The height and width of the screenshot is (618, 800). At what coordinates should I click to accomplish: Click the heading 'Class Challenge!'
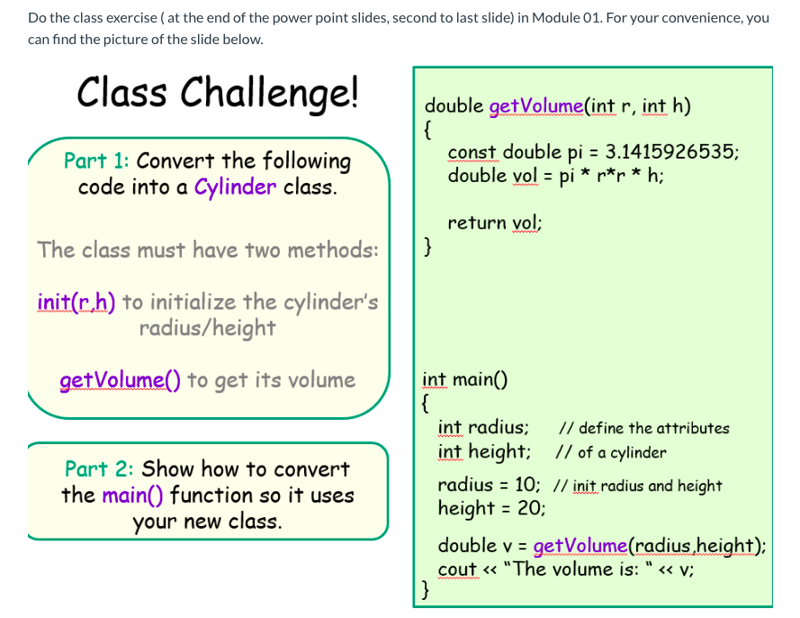pyautogui.click(x=218, y=92)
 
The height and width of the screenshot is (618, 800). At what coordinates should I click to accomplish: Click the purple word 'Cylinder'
pyautogui.click(x=235, y=187)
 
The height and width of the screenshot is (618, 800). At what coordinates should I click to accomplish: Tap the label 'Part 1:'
pyautogui.click(x=96, y=161)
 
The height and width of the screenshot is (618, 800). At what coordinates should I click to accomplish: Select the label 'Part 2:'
pyautogui.click(x=99, y=469)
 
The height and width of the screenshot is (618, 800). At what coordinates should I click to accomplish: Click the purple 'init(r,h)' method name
pyautogui.click(x=76, y=301)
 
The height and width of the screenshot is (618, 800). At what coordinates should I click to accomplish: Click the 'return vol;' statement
pyautogui.click(x=494, y=223)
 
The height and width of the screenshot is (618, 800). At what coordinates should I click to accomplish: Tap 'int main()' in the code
pyautogui.click(x=464, y=378)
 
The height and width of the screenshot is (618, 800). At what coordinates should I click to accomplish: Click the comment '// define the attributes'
pyautogui.click(x=644, y=429)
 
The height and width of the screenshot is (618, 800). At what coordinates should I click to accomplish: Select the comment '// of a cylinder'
pyautogui.click(x=612, y=452)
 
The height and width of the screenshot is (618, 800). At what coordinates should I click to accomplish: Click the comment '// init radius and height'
pyautogui.click(x=637, y=486)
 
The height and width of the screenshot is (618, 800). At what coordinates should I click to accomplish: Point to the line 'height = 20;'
pyautogui.click(x=491, y=508)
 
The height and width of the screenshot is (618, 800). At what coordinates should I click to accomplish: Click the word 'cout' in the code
pyautogui.click(x=457, y=569)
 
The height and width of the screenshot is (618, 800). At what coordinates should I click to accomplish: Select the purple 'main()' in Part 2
pyautogui.click(x=132, y=495)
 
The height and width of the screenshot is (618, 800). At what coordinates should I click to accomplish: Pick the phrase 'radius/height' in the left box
pyautogui.click(x=207, y=327)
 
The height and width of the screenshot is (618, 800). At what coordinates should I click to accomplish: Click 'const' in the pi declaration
pyautogui.click(x=472, y=151)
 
